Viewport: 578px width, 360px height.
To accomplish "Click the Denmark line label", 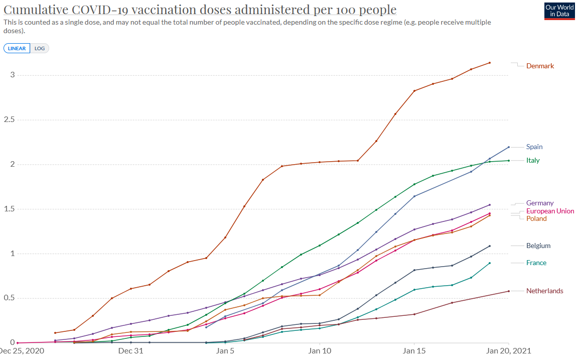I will pos(540,66).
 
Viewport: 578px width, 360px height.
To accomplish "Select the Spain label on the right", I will pos(534,147).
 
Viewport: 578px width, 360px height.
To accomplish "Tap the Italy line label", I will pos(533,160).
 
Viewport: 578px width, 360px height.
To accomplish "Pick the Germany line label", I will pos(540,203).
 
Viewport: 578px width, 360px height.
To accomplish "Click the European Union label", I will pos(550,211).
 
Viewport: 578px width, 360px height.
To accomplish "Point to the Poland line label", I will pos(536,218).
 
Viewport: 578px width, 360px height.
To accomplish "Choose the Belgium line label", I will pos(538,246).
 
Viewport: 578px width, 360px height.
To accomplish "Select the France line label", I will pos(536,263).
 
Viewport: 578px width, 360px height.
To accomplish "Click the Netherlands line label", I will pos(544,291).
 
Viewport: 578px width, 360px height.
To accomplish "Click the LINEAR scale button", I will pos(17,48).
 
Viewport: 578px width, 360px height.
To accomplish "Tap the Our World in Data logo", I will pos(559,11).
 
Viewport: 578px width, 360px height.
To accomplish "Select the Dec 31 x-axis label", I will pos(131,350).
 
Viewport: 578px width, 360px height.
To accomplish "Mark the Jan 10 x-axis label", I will pos(320,350).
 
